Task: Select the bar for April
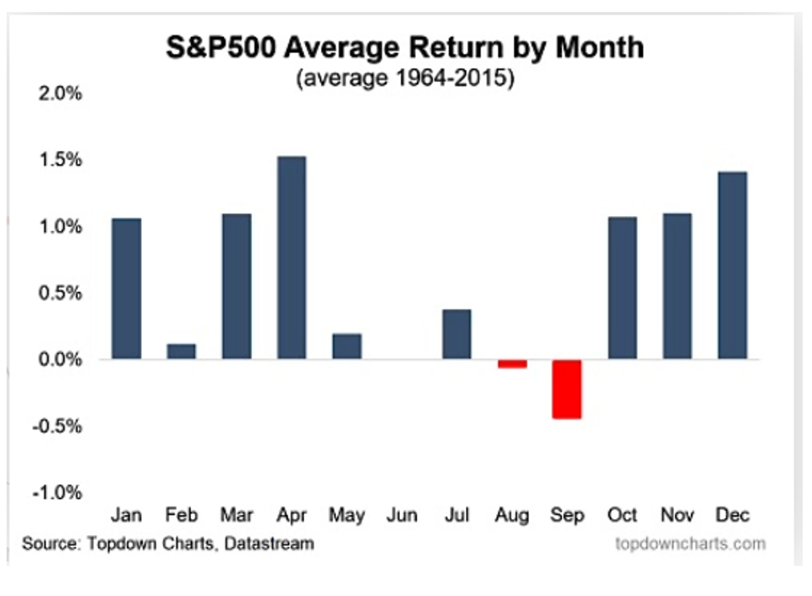point(291,257)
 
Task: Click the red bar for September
point(567,389)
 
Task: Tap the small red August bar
point(512,364)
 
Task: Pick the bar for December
point(733,266)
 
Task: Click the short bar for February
point(181,351)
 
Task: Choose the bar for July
point(457,334)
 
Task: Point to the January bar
point(127,289)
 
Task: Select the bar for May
point(347,346)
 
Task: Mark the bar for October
point(622,288)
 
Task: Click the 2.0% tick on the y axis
point(60,94)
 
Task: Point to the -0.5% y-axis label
point(58,426)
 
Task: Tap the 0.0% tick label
point(60,360)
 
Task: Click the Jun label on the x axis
point(402,515)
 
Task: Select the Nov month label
point(677,515)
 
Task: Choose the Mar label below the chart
point(236,515)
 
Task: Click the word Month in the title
point(599,48)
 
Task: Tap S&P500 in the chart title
point(221,48)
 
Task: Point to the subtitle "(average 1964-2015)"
point(405,78)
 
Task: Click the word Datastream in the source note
point(269,543)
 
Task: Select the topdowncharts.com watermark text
point(690,543)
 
